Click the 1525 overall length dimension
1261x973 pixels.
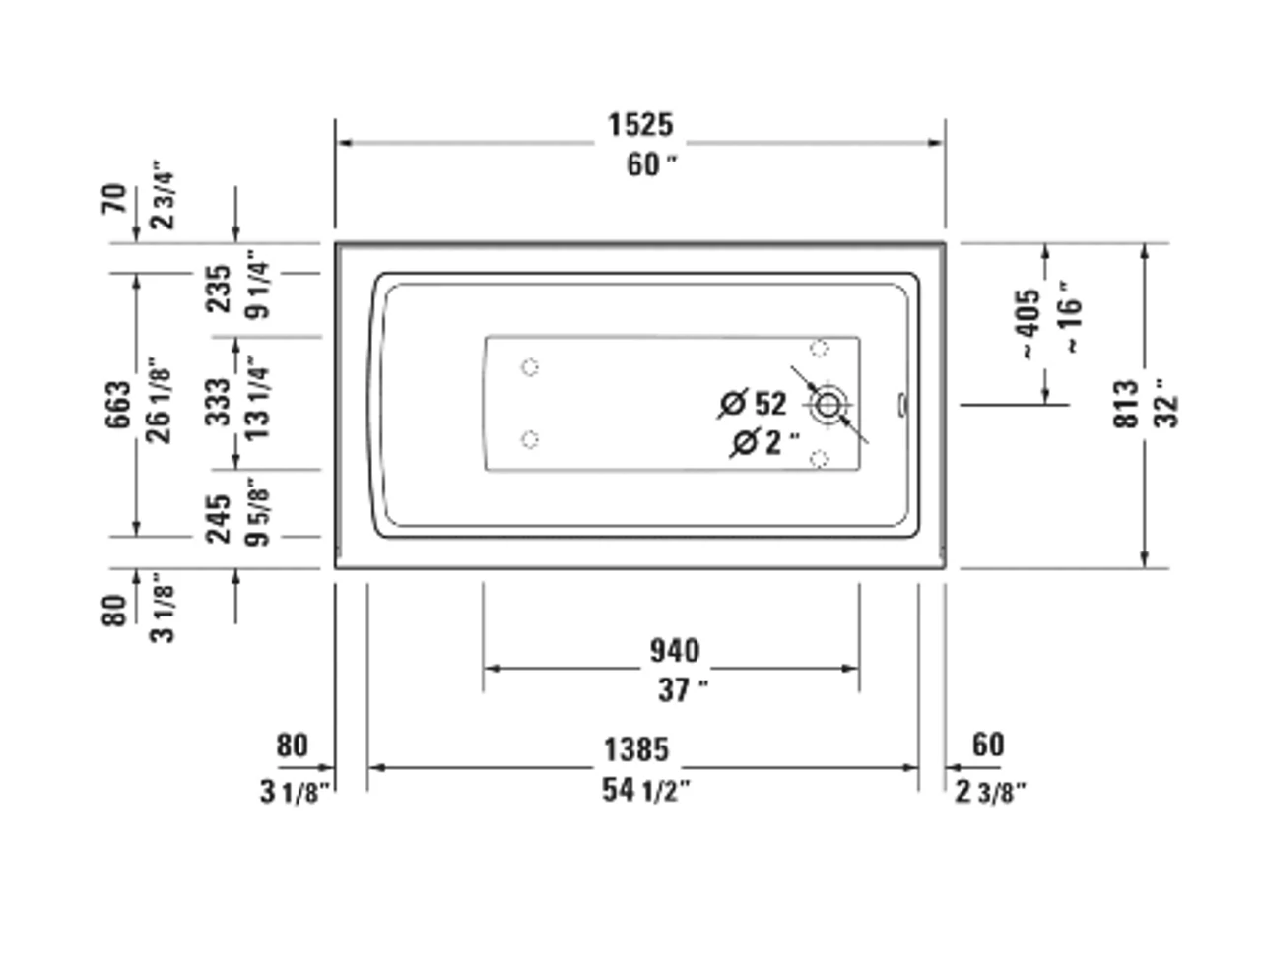[640, 125]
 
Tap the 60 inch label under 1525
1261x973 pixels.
[651, 165]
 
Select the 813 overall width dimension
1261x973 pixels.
[1126, 404]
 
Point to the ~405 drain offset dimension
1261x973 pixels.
[1030, 323]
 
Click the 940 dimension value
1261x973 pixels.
[674, 651]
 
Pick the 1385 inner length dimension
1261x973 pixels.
[636, 749]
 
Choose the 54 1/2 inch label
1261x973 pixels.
[646, 790]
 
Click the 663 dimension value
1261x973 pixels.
[118, 405]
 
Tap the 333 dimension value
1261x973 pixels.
[220, 403]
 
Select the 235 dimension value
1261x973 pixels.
[220, 289]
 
